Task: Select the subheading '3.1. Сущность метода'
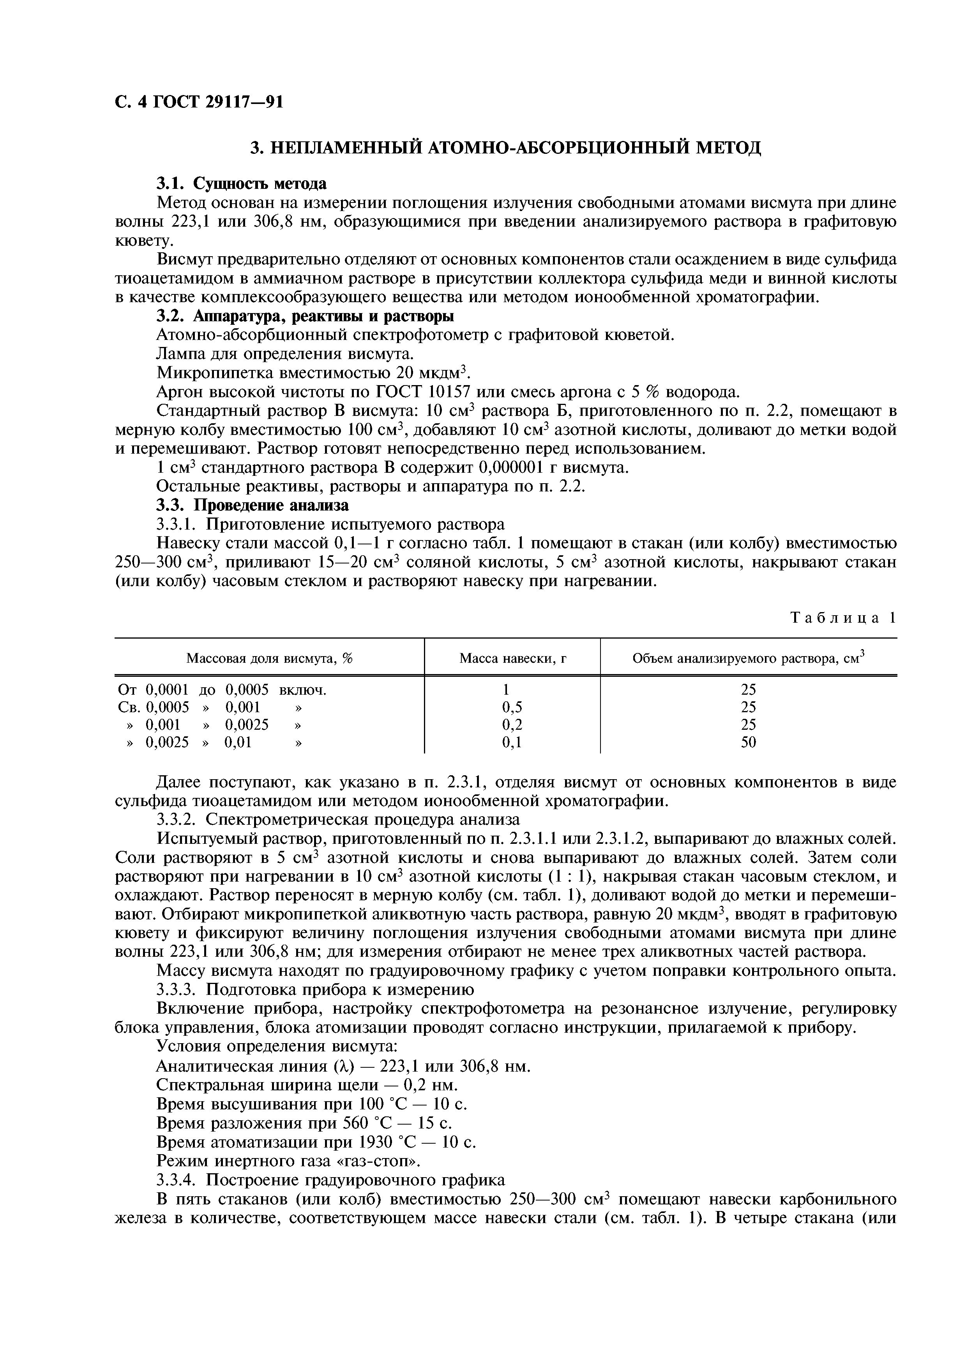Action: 241,183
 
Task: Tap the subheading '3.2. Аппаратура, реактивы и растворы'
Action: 305,316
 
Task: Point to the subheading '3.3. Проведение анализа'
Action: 253,506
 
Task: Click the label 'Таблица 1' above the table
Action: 842,618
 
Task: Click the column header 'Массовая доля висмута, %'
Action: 270,658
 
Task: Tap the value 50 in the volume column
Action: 748,743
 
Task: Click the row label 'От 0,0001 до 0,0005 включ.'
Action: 223,690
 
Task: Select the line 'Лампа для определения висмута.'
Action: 284,354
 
